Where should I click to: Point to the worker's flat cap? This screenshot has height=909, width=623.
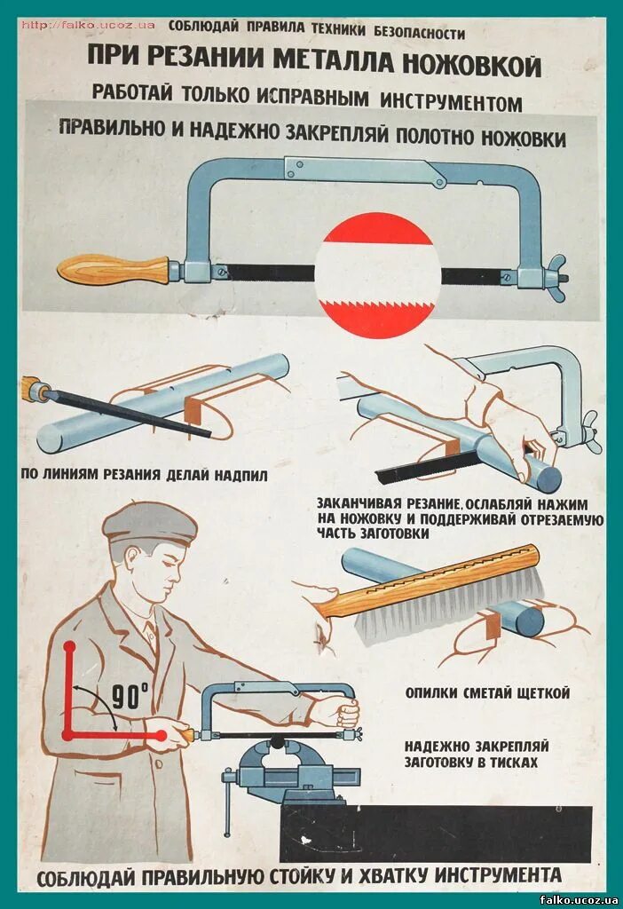(149, 524)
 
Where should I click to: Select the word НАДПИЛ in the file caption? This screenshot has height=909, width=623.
(239, 474)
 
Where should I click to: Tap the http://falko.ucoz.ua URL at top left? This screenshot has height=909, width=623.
(88, 25)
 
